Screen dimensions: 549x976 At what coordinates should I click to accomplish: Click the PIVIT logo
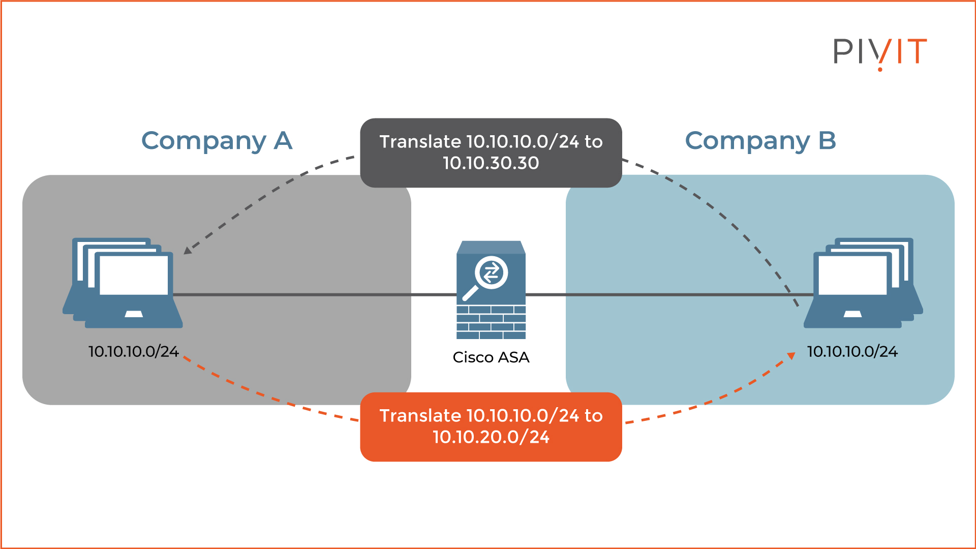(x=879, y=52)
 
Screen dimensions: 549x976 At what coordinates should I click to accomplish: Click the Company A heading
(x=217, y=141)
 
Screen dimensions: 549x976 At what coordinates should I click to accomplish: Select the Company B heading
(x=760, y=141)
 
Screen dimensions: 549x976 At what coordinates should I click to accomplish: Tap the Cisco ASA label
(x=491, y=357)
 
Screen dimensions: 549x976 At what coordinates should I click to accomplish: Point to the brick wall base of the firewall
(x=491, y=322)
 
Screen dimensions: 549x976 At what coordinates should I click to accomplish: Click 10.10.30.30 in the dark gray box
(x=491, y=163)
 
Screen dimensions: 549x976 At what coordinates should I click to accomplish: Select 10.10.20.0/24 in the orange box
(x=491, y=437)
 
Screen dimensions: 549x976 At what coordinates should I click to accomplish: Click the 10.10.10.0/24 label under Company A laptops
(x=133, y=352)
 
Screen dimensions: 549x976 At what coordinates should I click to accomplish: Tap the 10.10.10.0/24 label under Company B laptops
(x=852, y=352)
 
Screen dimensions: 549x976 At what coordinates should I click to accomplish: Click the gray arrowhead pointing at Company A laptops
(x=188, y=250)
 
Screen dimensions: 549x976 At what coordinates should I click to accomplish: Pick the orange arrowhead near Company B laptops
(x=791, y=356)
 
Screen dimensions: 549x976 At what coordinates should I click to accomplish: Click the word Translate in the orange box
(x=420, y=416)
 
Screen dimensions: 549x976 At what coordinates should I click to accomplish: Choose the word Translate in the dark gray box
(x=420, y=142)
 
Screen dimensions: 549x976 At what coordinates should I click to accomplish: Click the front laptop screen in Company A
(x=134, y=275)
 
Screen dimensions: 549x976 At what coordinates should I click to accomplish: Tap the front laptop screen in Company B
(x=852, y=275)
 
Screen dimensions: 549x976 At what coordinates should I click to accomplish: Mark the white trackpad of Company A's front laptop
(x=134, y=314)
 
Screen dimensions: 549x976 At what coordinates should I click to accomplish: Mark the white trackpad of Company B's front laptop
(x=852, y=314)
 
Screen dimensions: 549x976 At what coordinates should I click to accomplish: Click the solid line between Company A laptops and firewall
(x=315, y=294)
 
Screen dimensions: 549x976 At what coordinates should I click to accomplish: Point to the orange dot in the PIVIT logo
(x=880, y=69)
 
